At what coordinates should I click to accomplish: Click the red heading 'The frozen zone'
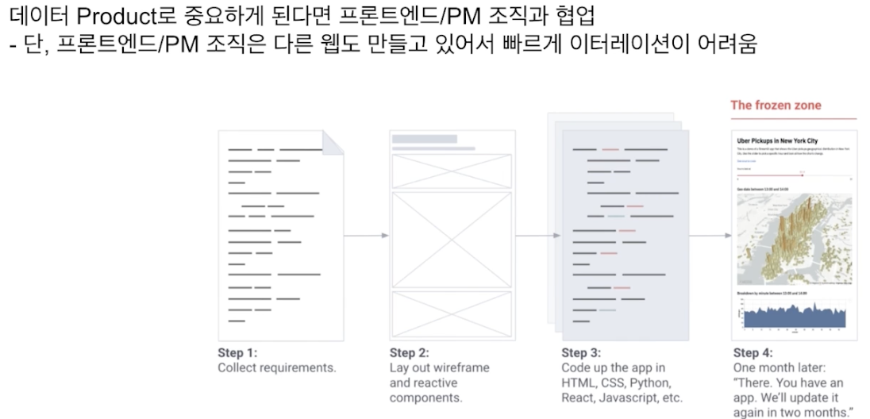pos(776,106)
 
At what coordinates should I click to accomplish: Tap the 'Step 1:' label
pos(237,353)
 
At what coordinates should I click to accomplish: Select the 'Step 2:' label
pos(409,353)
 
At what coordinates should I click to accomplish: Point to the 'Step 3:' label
pos(581,353)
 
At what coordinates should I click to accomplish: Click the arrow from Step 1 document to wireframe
pos(367,236)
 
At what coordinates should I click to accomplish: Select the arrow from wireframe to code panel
pos(538,236)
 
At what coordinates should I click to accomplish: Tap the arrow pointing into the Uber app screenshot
pos(710,236)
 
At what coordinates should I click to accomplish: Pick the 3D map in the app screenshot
pos(793,238)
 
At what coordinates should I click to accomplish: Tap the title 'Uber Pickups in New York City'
pos(777,140)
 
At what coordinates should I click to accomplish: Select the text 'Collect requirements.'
pos(277,368)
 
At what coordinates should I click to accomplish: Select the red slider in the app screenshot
pos(770,175)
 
